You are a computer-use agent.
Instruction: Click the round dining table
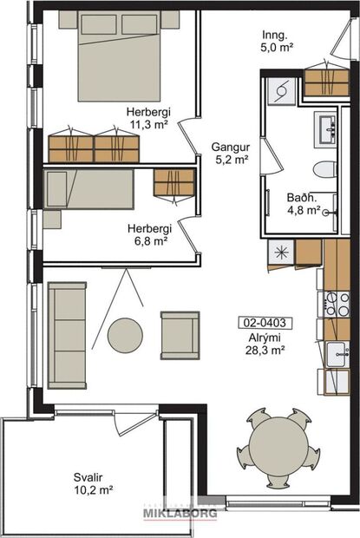[278, 449]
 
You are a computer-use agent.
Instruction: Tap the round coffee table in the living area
[125, 334]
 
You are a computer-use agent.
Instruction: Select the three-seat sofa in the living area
[67, 334]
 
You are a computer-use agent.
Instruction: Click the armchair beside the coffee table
[180, 334]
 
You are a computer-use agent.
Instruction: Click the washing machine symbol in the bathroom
[279, 89]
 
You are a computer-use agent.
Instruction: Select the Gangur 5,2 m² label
[230, 153]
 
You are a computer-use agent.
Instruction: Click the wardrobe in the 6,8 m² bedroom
[173, 182]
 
